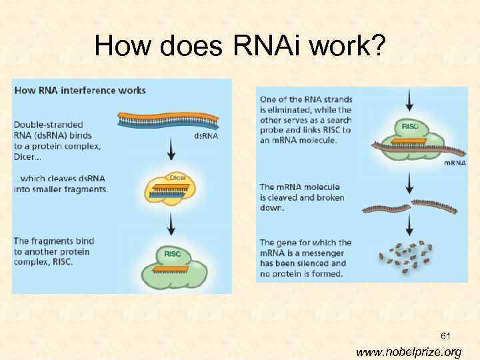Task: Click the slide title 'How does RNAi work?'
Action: click(239, 45)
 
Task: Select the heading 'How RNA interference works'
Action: click(80, 90)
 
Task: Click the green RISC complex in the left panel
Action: click(171, 265)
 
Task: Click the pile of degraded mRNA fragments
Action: click(405, 255)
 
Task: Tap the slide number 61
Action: click(445, 337)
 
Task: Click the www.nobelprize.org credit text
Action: click(408, 352)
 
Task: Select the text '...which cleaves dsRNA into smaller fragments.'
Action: click(60, 184)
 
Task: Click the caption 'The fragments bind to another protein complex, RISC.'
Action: click(54, 251)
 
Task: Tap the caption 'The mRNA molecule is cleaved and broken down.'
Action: click(302, 197)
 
